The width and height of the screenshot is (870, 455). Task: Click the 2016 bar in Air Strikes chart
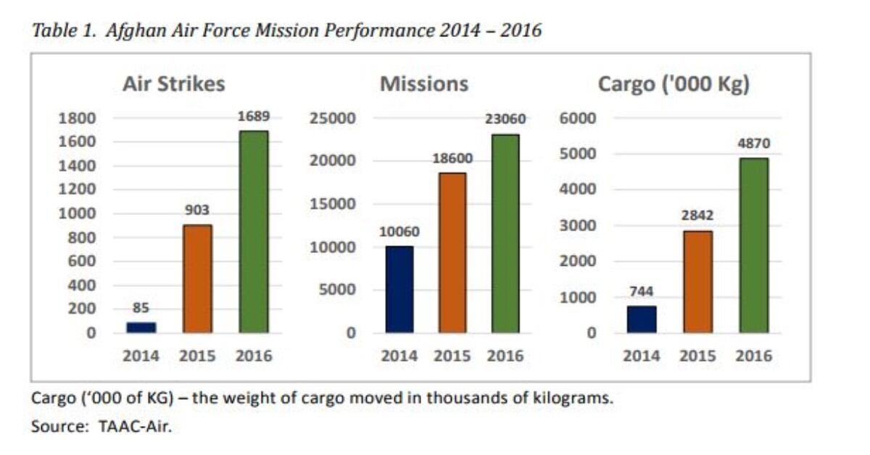[253, 232]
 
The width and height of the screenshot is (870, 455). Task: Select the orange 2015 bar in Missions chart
[452, 253]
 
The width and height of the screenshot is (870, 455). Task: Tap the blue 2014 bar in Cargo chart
[642, 320]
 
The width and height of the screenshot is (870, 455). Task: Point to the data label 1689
[253, 116]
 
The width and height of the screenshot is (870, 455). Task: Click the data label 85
[141, 308]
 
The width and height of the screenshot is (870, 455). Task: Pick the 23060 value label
[505, 120]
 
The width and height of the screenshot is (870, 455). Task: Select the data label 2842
[697, 216]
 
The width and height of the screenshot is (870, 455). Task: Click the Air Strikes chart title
[174, 84]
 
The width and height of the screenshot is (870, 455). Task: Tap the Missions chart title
[424, 84]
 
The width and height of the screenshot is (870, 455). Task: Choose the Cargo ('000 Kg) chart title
[674, 84]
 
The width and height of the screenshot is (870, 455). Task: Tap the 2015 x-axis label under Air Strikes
[197, 356]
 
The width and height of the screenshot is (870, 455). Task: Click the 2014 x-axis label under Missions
[399, 356]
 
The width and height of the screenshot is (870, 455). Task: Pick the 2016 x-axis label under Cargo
[754, 356]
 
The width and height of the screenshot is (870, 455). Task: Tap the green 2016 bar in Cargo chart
[753, 246]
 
